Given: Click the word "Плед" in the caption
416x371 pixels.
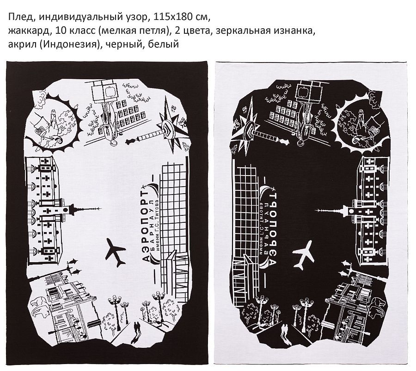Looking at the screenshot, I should point(18,18).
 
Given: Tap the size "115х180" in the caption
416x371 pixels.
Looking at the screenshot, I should point(171,18).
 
